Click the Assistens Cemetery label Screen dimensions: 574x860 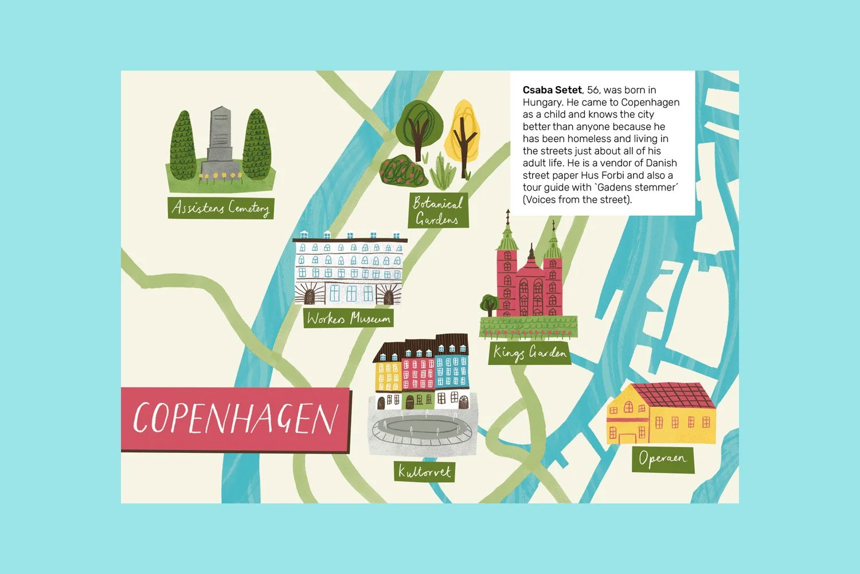point(221,207)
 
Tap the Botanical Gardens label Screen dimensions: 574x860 point(438,211)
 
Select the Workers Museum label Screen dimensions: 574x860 point(348,318)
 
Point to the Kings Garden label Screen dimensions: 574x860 point(530,352)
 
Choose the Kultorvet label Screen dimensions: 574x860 point(425,472)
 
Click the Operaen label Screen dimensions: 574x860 point(662,459)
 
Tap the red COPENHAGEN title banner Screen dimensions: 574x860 point(235,418)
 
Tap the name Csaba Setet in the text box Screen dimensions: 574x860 point(552,90)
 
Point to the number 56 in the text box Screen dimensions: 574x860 point(593,90)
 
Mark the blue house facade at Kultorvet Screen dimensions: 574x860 point(452,370)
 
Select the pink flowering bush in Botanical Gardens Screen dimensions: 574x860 point(404,170)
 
